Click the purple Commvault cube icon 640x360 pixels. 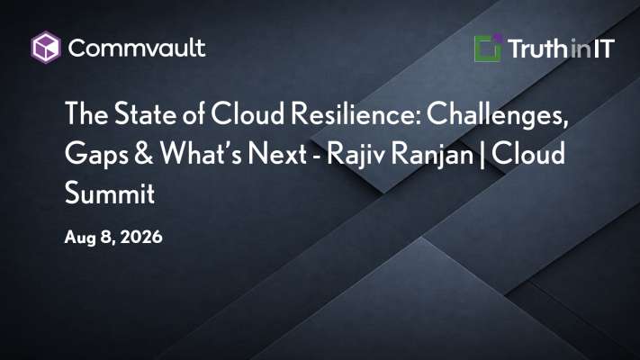point(46,48)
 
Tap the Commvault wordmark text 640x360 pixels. point(137,48)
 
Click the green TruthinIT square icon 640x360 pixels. point(488,49)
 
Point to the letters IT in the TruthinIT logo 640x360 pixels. point(604,49)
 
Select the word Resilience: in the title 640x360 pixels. point(356,113)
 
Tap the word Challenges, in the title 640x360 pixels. point(498,114)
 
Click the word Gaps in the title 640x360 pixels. point(96,154)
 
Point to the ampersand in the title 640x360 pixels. point(144,153)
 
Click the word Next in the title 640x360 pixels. point(277,153)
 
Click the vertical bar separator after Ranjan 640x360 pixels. point(482,154)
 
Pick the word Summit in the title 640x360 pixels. point(110,193)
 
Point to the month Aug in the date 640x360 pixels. point(79,238)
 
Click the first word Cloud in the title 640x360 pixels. point(248,113)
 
